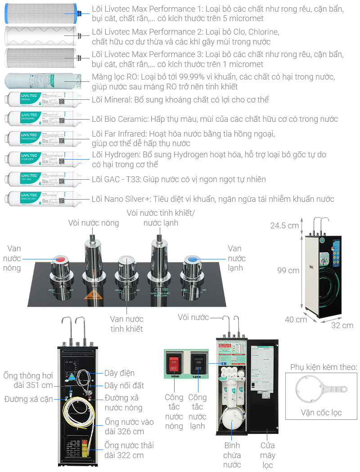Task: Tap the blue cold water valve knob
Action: [x=192, y=259]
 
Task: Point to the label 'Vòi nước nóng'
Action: [x=94, y=223]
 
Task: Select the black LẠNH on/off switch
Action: [x=198, y=362]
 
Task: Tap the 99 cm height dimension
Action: [x=288, y=271]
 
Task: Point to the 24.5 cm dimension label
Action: [x=284, y=225]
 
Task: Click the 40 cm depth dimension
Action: [x=296, y=320]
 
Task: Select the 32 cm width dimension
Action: [x=342, y=325]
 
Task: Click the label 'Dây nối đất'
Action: [x=124, y=385]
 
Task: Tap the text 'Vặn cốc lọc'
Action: [x=321, y=413]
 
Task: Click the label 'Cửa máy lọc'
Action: [x=268, y=455]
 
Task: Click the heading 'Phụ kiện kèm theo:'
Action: [x=324, y=367]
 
